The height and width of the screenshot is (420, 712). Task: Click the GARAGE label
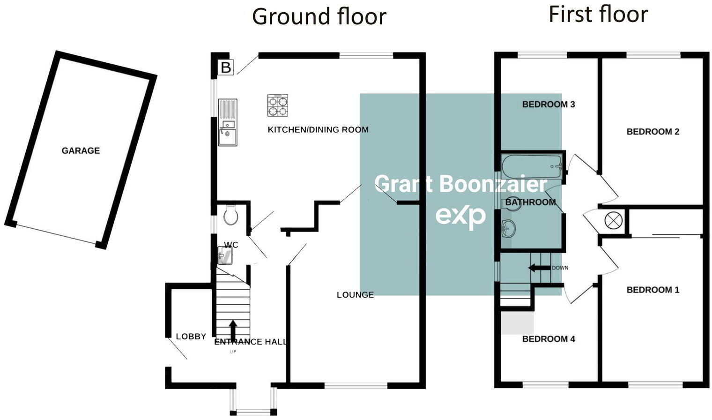[x=81, y=150]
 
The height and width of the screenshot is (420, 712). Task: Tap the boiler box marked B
[x=226, y=67]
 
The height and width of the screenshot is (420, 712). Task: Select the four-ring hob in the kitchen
[x=277, y=105]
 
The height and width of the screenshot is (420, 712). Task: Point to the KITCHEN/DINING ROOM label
[x=318, y=130]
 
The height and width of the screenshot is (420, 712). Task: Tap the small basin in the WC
[x=225, y=256]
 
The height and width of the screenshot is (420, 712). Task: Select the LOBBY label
[x=191, y=337]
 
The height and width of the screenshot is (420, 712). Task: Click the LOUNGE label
[x=355, y=295]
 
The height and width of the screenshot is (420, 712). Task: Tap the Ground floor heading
[x=319, y=17]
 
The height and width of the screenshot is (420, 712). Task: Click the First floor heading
[x=598, y=15]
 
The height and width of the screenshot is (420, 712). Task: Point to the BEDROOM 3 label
[x=549, y=104]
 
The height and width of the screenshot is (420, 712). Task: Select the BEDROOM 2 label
[x=653, y=132]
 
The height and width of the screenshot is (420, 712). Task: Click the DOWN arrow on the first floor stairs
[x=539, y=268]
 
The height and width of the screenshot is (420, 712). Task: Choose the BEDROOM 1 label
[x=653, y=290]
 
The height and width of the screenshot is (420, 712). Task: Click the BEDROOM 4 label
[x=549, y=339]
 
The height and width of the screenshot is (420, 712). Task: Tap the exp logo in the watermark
[x=460, y=217]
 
